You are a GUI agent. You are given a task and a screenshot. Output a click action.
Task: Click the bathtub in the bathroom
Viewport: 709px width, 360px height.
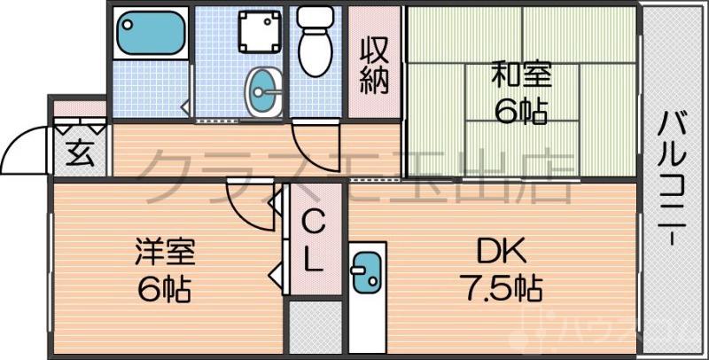(x=148, y=33)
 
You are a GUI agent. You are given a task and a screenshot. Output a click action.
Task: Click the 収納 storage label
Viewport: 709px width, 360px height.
(x=374, y=63)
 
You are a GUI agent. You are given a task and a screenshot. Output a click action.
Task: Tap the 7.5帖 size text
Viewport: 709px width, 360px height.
(x=500, y=287)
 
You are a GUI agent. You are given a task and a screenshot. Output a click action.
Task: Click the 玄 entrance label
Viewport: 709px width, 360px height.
(x=79, y=153)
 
